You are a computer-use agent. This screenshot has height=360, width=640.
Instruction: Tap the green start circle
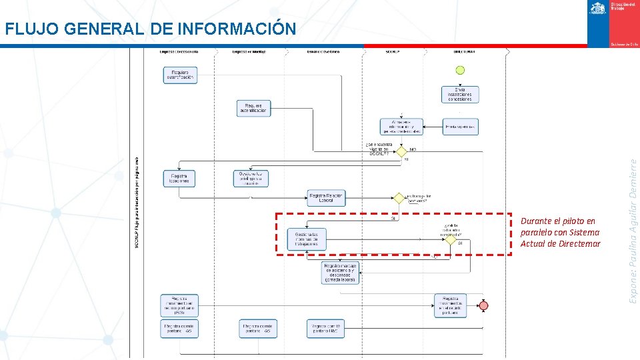(x=459, y=69)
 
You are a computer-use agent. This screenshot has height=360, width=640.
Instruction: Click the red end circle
(x=483, y=305)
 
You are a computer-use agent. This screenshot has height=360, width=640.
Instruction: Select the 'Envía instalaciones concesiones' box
(x=459, y=95)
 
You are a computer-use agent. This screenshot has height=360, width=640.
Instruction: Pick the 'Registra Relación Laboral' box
(x=327, y=197)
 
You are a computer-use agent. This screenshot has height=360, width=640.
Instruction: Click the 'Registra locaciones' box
(x=179, y=178)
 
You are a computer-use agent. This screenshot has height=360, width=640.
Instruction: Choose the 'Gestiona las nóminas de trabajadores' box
(x=307, y=239)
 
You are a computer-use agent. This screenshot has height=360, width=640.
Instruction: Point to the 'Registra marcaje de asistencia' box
(x=340, y=272)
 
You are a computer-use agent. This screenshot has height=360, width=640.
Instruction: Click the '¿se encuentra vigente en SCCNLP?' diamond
(x=401, y=151)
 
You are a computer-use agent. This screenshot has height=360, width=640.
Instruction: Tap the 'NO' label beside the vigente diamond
(x=413, y=149)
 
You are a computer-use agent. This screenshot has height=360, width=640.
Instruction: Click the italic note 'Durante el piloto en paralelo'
(x=560, y=232)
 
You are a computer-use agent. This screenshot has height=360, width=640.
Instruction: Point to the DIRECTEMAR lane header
(x=464, y=51)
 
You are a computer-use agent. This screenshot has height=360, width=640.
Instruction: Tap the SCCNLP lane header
(x=393, y=51)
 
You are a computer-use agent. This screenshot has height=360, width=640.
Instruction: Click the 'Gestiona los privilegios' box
(x=251, y=178)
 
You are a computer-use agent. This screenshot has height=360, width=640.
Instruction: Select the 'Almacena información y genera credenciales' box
(x=402, y=127)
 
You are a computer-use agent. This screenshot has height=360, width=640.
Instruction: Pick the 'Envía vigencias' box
(x=460, y=126)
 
